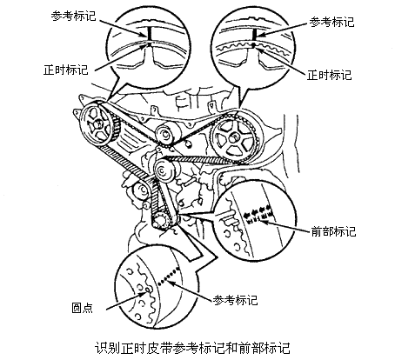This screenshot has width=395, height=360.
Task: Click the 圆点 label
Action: point(82,308)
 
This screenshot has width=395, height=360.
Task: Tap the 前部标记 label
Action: point(333,231)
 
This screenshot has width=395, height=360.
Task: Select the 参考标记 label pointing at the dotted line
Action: point(235,300)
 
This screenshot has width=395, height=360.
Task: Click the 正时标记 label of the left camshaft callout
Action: point(66,70)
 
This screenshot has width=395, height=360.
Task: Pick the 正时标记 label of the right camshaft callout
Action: point(330,75)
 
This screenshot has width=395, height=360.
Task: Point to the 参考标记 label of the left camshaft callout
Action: point(73,16)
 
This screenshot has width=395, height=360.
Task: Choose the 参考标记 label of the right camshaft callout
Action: point(331,22)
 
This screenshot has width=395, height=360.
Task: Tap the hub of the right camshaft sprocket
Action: point(232,138)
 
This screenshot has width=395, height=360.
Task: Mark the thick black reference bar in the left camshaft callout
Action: point(150,34)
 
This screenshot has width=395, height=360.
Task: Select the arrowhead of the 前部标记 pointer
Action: point(264,223)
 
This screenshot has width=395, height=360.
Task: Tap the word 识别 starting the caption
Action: point(105,348)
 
